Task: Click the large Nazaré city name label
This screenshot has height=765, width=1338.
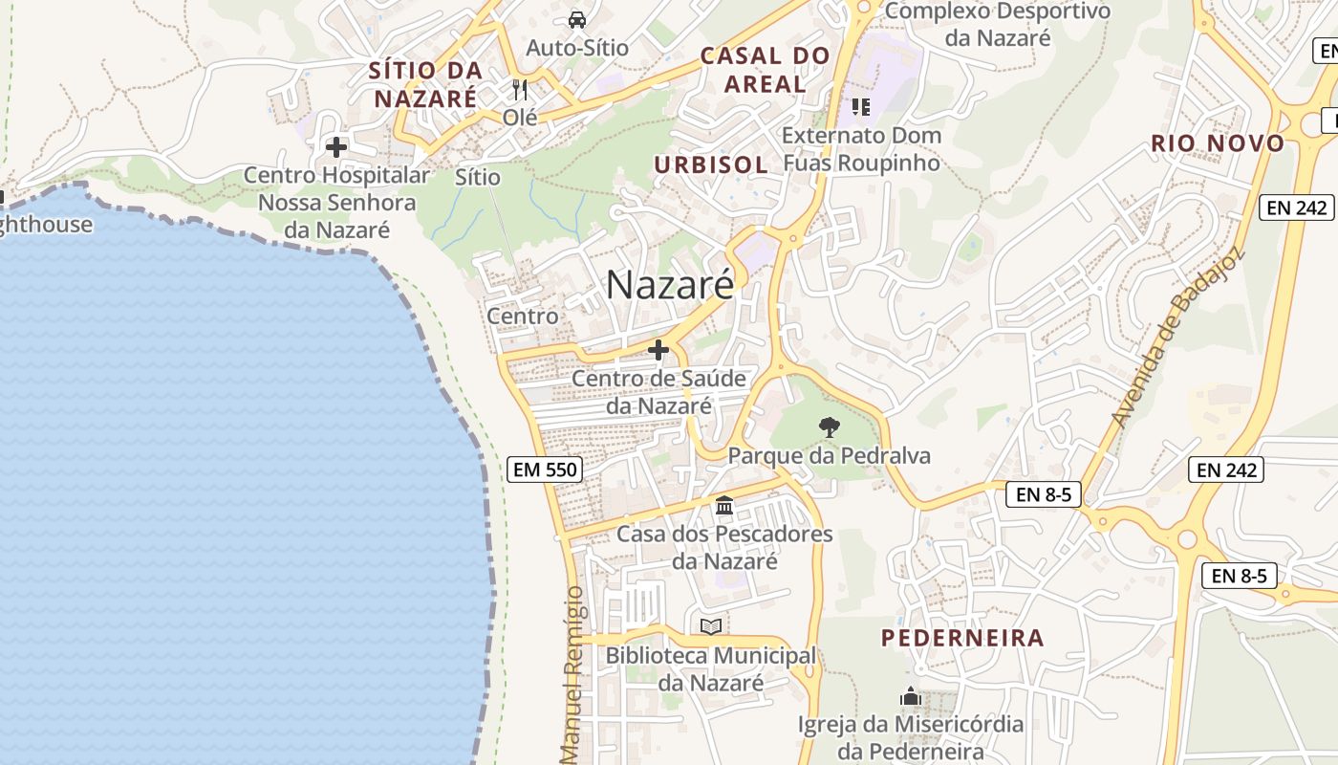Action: [670, 285]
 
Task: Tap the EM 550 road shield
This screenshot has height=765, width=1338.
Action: [545, 470]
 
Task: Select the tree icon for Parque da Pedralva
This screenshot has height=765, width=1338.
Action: [830, 427]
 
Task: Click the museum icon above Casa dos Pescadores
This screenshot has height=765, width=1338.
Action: [724, 505]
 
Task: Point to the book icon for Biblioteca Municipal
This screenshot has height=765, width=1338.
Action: [711, 626]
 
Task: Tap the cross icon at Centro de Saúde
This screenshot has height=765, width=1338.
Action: [658, 350]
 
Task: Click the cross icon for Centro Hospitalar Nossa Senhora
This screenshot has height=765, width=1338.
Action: [336, 147]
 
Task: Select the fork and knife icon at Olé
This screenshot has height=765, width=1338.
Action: [520, 90]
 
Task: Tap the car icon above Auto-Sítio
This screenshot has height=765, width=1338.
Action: [577, 19]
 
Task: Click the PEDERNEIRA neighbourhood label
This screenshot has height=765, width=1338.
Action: [962, 638]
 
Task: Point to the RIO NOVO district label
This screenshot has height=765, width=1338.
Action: [1217, 143]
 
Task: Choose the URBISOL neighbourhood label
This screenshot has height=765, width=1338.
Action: [710, 164]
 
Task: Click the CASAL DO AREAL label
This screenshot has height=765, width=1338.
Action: [765, 70]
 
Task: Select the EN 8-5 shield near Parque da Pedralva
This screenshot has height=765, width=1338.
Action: [1043, 494]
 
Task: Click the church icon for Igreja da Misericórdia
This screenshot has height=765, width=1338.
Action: [910, 696]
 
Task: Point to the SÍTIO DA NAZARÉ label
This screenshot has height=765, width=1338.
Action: [425, 84]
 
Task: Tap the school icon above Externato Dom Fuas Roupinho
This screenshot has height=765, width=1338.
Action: [861, 106]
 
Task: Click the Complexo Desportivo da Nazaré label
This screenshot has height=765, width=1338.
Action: [998, 25]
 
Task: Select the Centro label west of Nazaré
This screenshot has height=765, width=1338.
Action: [522, 316]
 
